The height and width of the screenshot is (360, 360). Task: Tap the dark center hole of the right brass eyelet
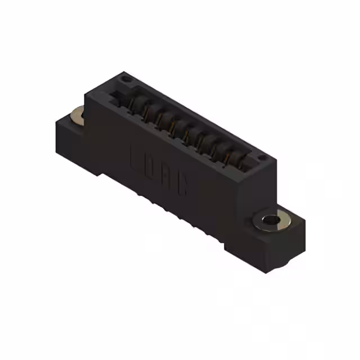(x=273, y=219)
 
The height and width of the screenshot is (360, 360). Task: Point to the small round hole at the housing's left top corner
(x=126, y=80)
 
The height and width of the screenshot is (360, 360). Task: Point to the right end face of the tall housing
(x=256, y=197)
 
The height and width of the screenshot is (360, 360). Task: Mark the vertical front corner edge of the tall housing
(x=237, y=214)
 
